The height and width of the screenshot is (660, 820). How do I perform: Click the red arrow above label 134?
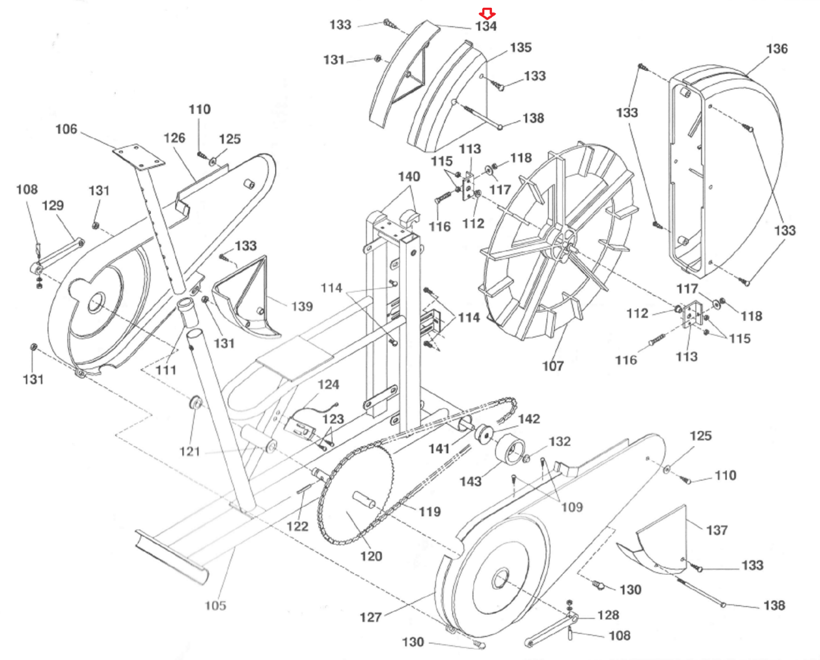(487, 13)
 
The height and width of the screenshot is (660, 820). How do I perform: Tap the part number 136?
(777, 49)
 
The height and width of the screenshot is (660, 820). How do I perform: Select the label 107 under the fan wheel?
(553, 366)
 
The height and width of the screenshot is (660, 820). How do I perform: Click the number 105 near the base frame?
(216, 606)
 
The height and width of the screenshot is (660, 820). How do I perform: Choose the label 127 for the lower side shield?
(371, 617)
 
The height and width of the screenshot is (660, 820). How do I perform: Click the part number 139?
(302, 306)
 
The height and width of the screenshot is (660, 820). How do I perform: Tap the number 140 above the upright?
(409, 176)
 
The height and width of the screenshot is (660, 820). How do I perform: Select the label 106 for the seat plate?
(66, 129)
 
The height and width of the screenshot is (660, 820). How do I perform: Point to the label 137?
(717, 530)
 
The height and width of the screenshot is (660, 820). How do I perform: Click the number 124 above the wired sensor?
(329, 384)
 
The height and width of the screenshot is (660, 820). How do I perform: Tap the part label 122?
(297, 527)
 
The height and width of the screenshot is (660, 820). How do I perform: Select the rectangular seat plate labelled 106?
(139, 157)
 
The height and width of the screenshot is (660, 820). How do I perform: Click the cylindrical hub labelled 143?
(510, 451)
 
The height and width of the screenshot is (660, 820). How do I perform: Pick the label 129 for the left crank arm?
(53, 206)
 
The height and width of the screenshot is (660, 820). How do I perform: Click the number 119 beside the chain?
(430, 512)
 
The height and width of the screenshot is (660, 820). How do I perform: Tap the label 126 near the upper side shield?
(175, 138)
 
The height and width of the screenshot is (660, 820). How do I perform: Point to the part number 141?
(439, 449)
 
